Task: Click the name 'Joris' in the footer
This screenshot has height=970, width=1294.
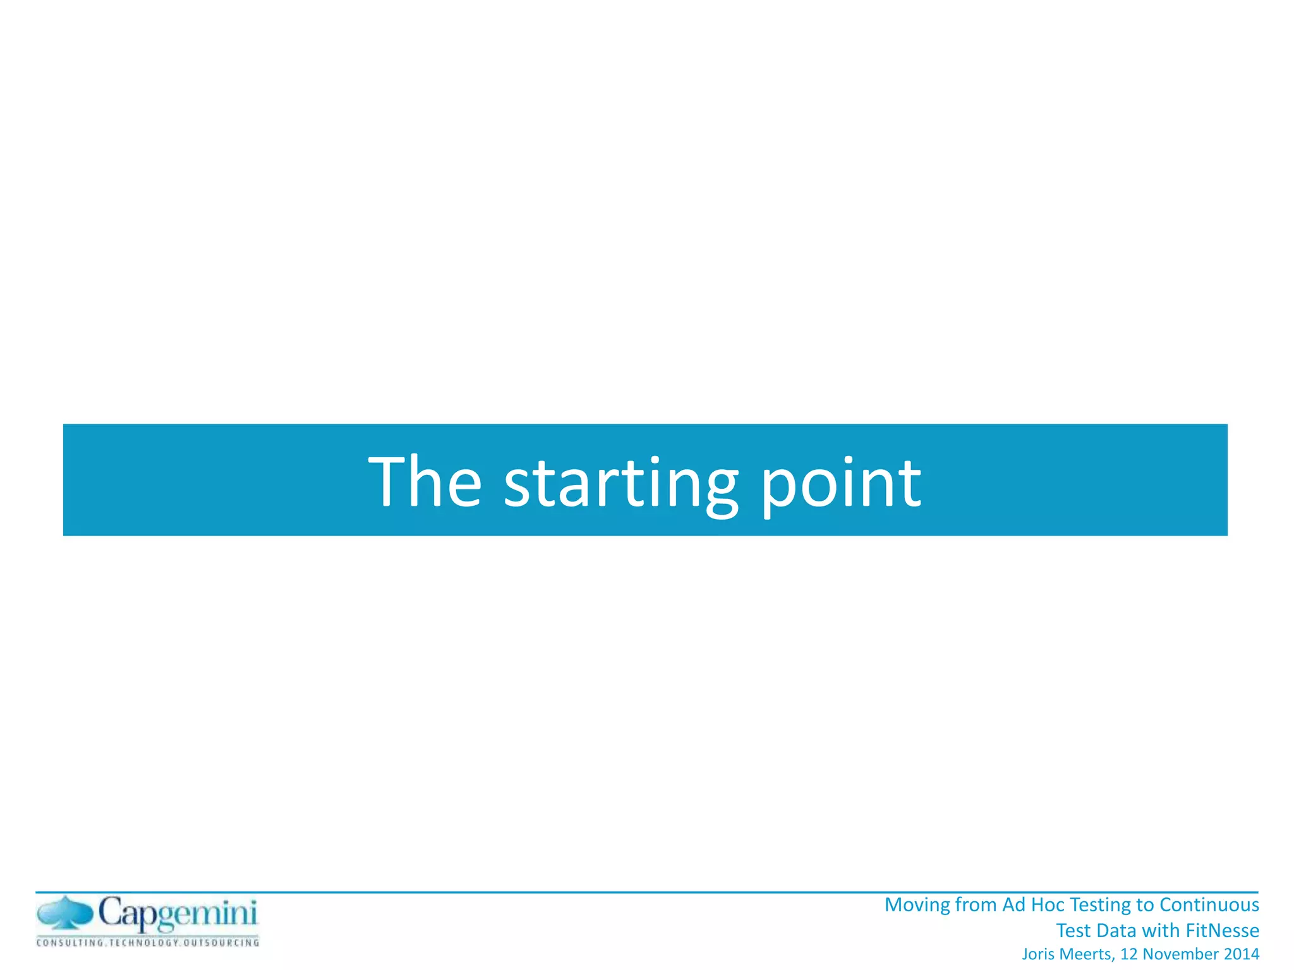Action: coord(1038,954)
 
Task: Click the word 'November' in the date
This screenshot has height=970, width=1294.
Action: coord(1181,954)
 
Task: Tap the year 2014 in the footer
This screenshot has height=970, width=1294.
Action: coord(1242,954)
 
